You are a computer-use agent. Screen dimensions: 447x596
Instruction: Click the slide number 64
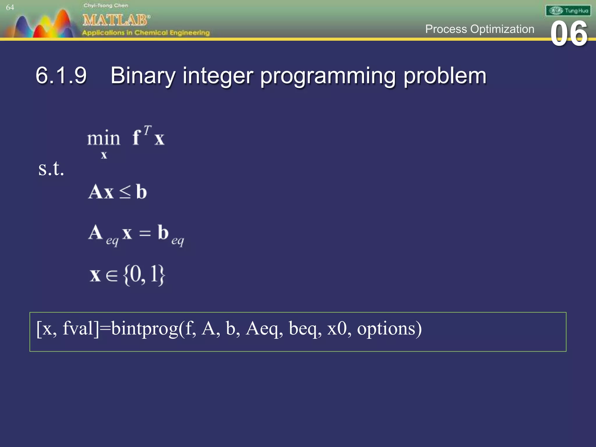point(10,8)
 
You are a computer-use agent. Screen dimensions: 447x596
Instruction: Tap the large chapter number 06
point(569,34)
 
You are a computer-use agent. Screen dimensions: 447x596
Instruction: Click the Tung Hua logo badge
point(568,11)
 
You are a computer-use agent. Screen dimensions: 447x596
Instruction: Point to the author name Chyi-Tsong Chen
point(106,6)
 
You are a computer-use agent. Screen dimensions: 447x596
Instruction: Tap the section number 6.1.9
point(61,76)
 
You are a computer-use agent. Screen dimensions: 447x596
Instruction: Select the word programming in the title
point(327,76)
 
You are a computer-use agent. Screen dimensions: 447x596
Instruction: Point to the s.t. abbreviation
point(51,169)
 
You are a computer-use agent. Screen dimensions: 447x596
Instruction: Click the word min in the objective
point(103,138)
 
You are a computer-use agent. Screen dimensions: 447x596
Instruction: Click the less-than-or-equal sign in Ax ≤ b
point(125,192)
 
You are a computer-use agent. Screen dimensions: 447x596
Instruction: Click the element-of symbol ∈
point(112,275)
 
